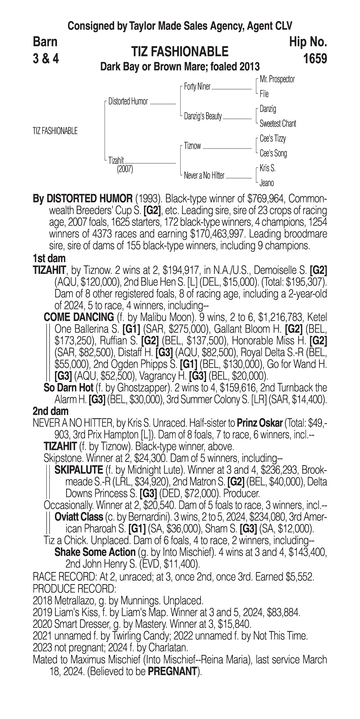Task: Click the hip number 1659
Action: click(315, 59)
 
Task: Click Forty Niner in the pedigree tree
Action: click(197, 87)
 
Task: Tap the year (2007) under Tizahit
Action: click(125, 169)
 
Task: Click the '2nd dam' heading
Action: click(51, 411)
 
